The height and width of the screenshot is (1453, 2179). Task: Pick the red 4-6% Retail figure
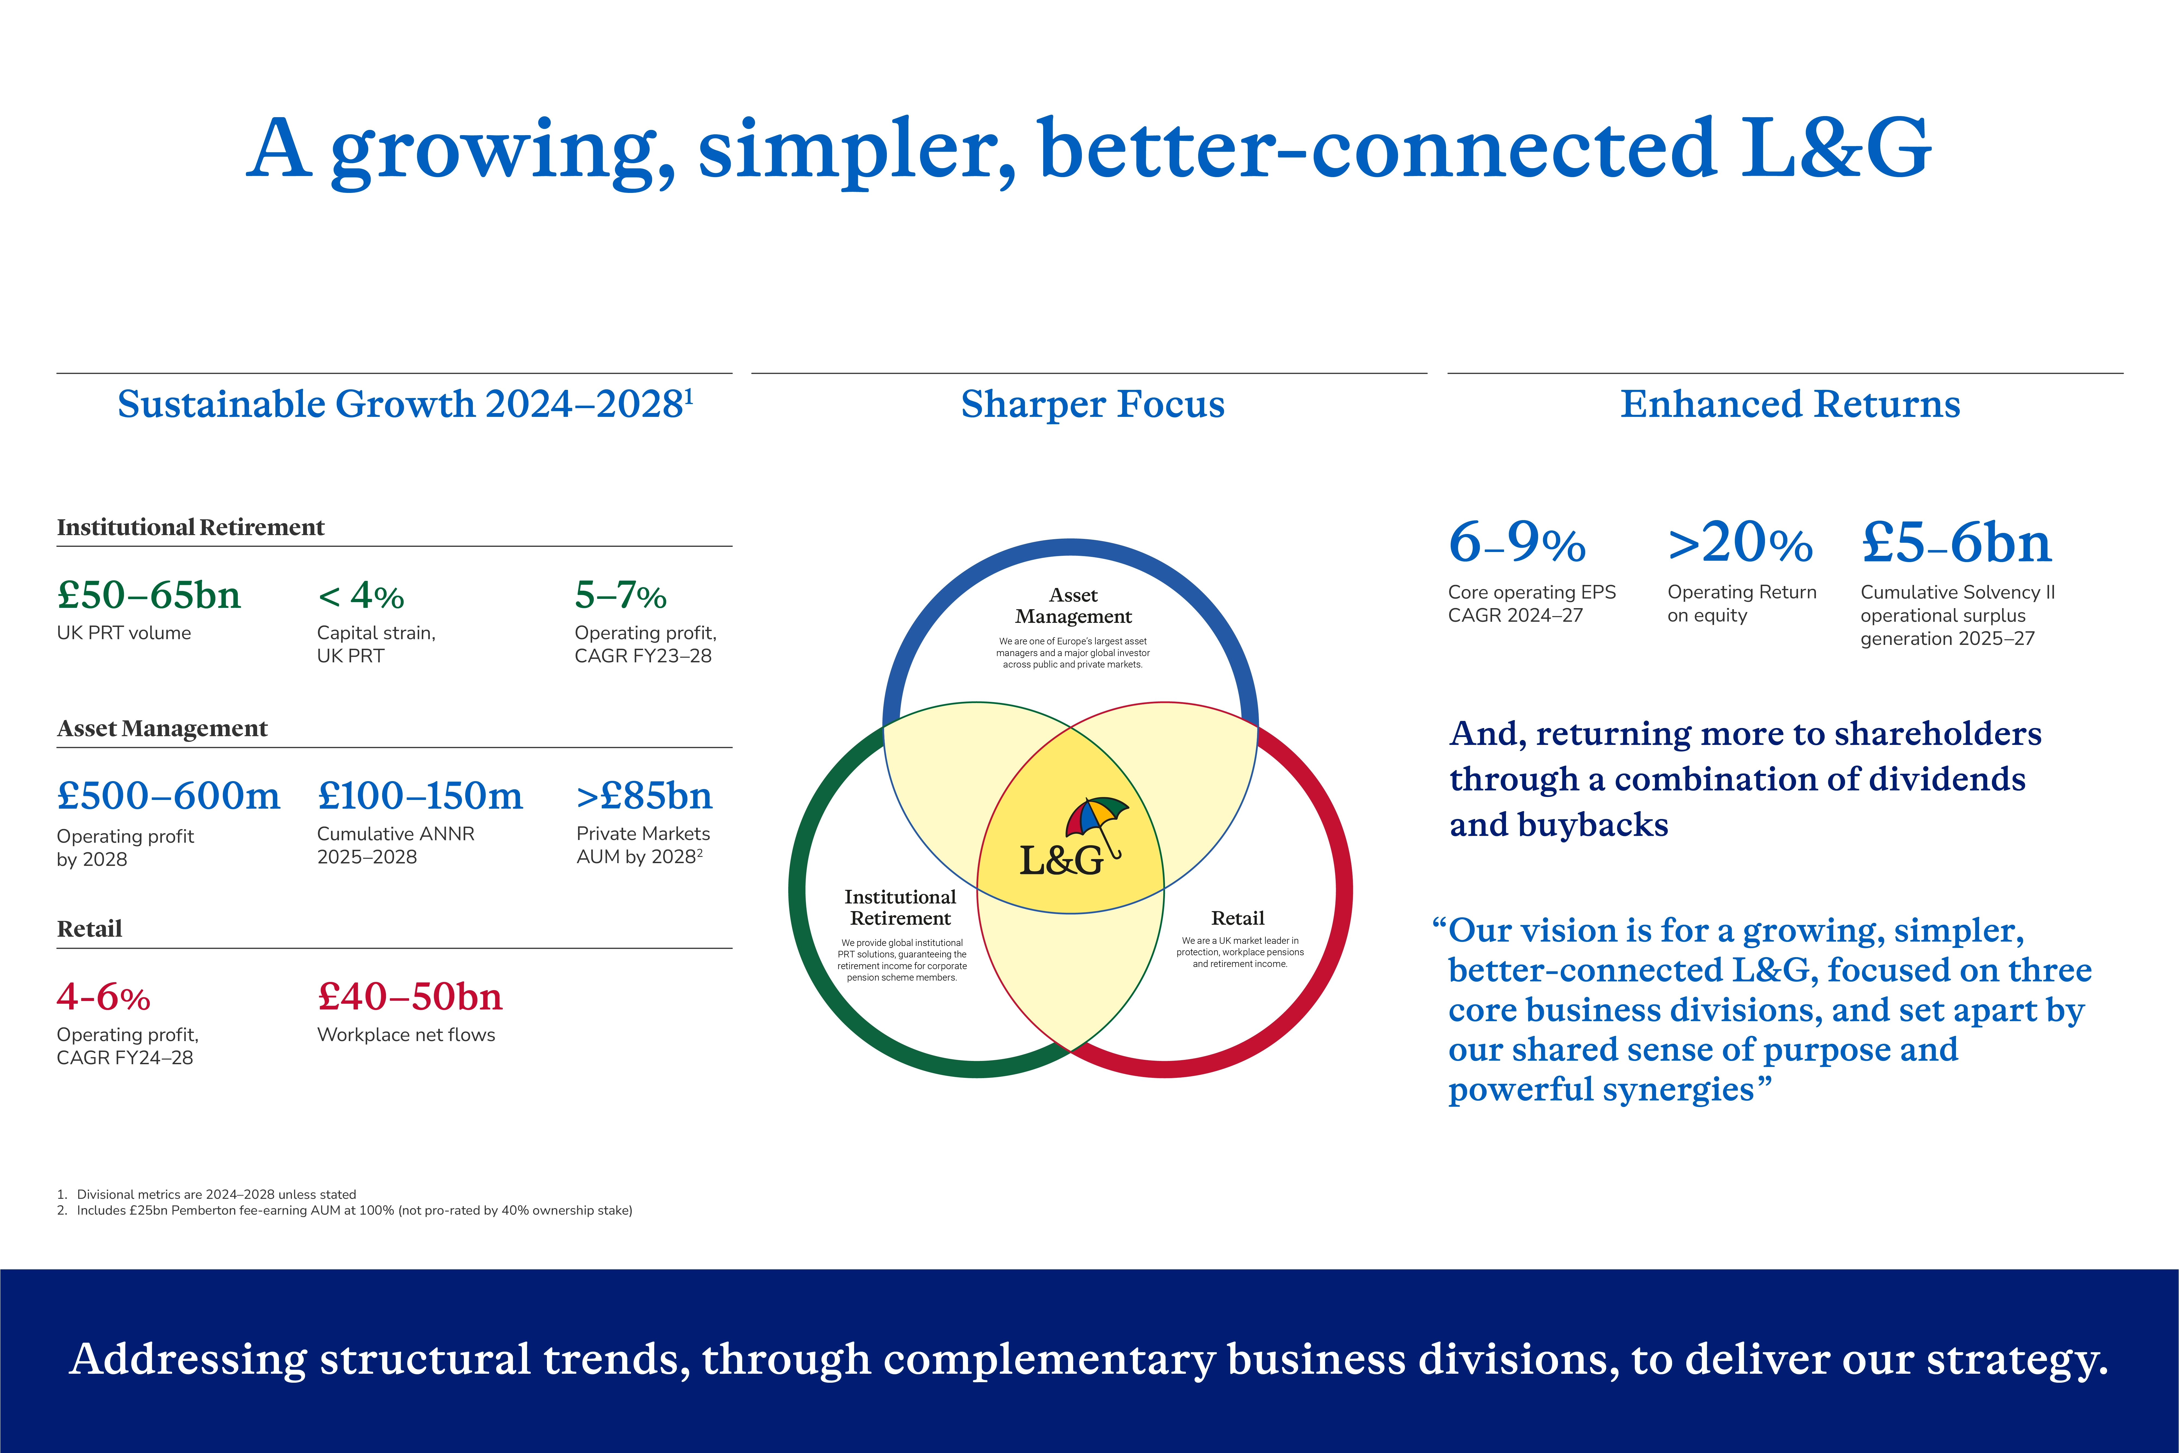(103, 997)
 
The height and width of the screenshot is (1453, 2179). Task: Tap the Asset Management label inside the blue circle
(1073, 606)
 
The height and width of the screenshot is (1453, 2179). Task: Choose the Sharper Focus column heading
(1092, 404)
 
